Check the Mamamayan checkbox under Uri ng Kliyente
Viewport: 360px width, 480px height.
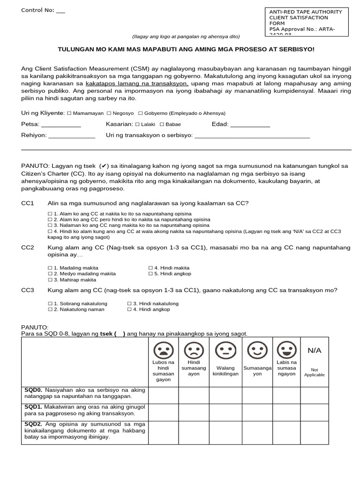point(69,113)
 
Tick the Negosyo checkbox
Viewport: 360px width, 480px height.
point(109,113)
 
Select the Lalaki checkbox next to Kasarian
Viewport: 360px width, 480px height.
point(137,125)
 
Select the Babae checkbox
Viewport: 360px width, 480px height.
point(162,125)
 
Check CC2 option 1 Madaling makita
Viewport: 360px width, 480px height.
point(50,268)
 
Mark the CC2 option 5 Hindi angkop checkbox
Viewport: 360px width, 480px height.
point(150,274)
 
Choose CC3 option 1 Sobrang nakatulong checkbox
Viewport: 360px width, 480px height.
point(50,304)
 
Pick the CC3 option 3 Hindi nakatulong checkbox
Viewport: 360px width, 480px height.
point(129,304)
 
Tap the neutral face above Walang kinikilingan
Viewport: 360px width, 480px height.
point(225,350)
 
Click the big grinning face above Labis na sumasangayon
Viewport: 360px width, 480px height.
point(286,350)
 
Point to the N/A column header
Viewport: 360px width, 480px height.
point(314,351)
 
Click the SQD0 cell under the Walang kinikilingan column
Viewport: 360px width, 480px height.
point(225,395)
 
